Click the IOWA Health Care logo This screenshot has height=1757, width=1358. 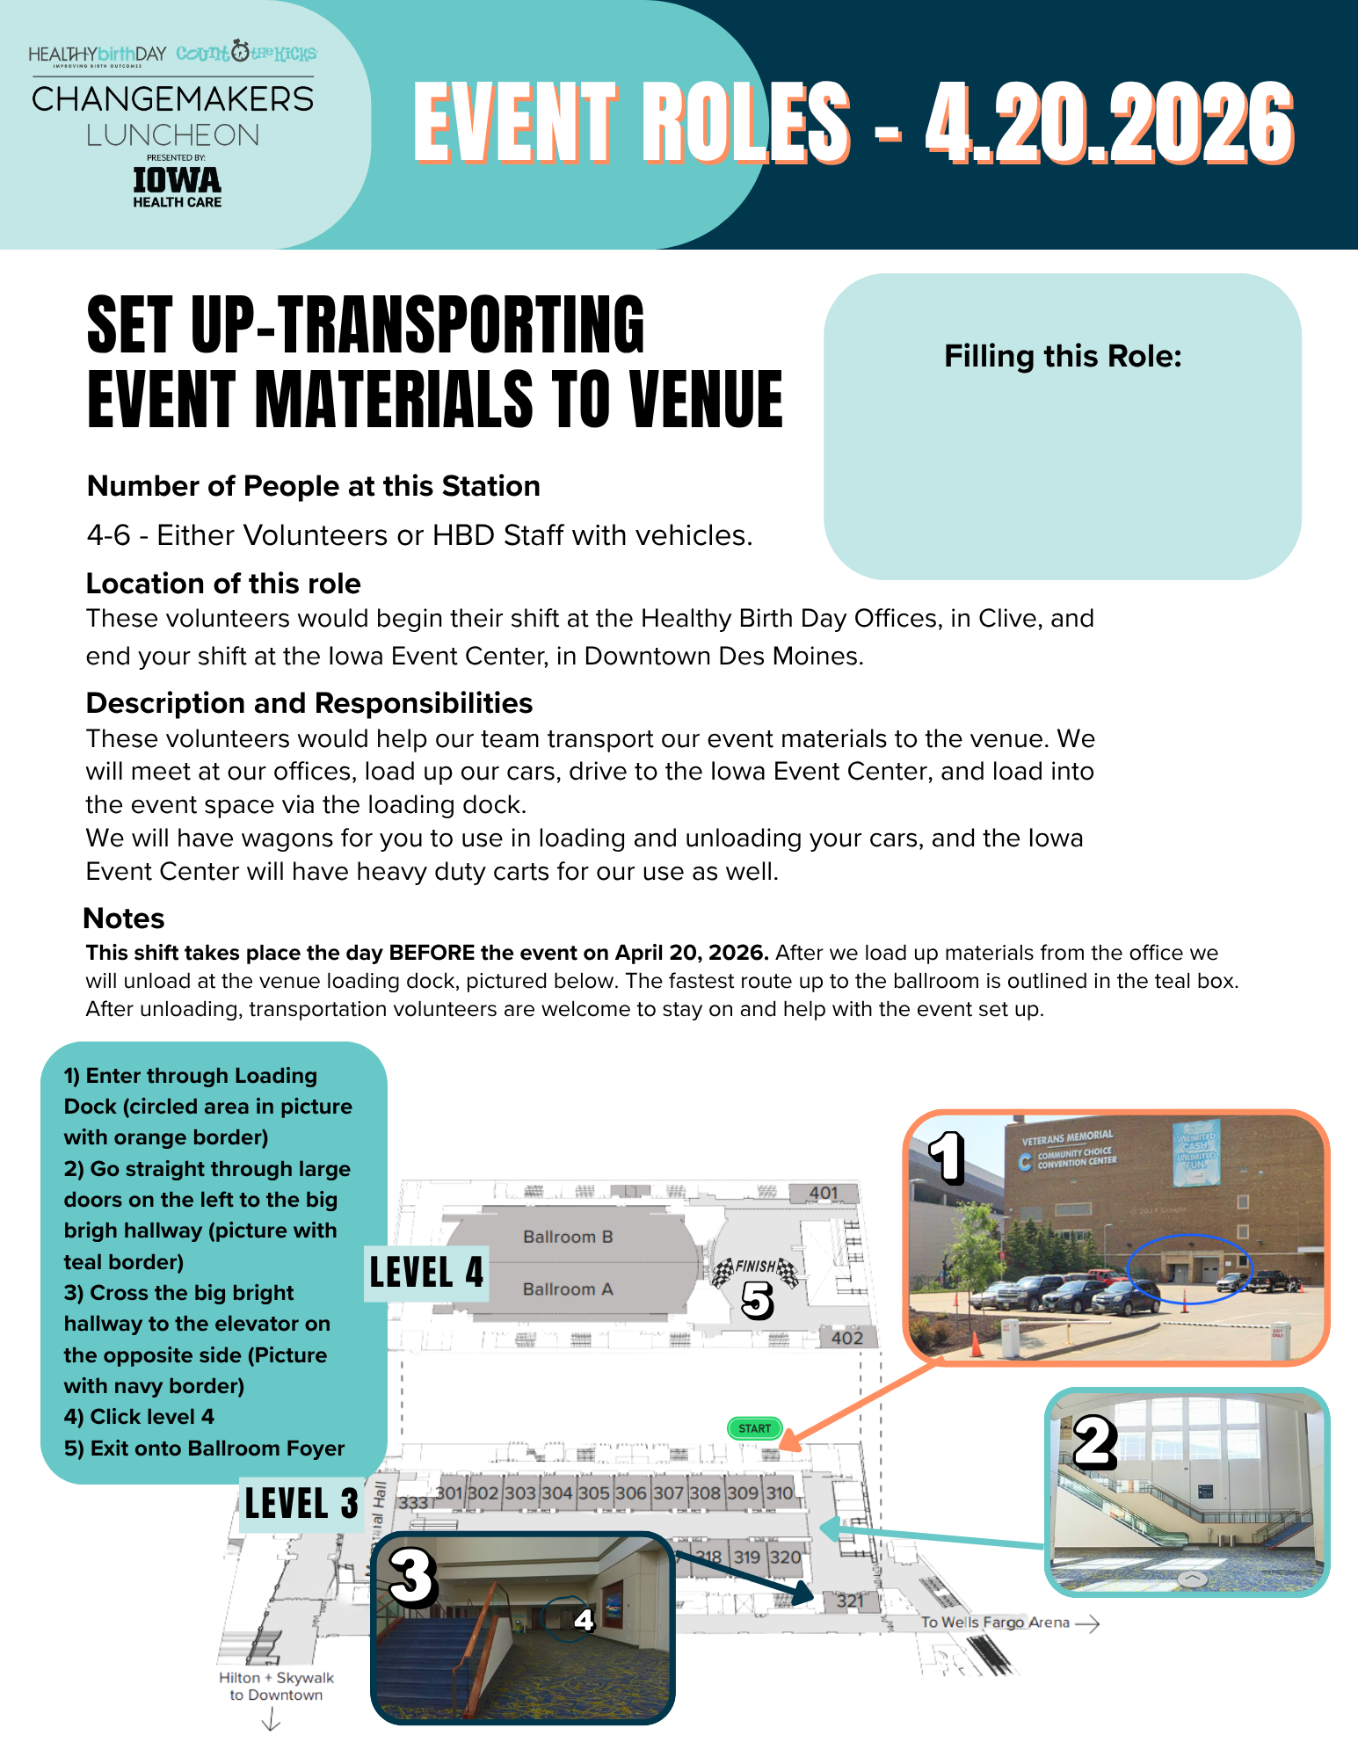177,186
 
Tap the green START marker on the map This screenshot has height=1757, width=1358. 754,1428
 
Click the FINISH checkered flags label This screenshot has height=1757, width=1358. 755,1267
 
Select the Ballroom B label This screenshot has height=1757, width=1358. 568,1237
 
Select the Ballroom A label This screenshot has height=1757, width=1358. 568,1289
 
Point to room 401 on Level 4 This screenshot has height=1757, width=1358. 824,1193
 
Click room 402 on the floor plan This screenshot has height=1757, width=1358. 847,1338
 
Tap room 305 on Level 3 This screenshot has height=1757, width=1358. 593,1492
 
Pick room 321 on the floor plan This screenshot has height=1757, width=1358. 850,1601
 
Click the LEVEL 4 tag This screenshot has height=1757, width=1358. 426,1273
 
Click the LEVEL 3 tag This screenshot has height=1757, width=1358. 301,1504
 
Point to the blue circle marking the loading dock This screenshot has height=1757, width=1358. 1187,1268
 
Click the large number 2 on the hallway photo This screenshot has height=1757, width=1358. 1095,1444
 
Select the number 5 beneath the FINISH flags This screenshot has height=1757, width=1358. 757,1300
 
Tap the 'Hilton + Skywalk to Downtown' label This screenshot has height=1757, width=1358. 276,1686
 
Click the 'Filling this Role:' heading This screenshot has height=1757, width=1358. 1063,356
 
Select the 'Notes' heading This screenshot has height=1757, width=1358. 124,918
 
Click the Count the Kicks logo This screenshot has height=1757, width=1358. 246,53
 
